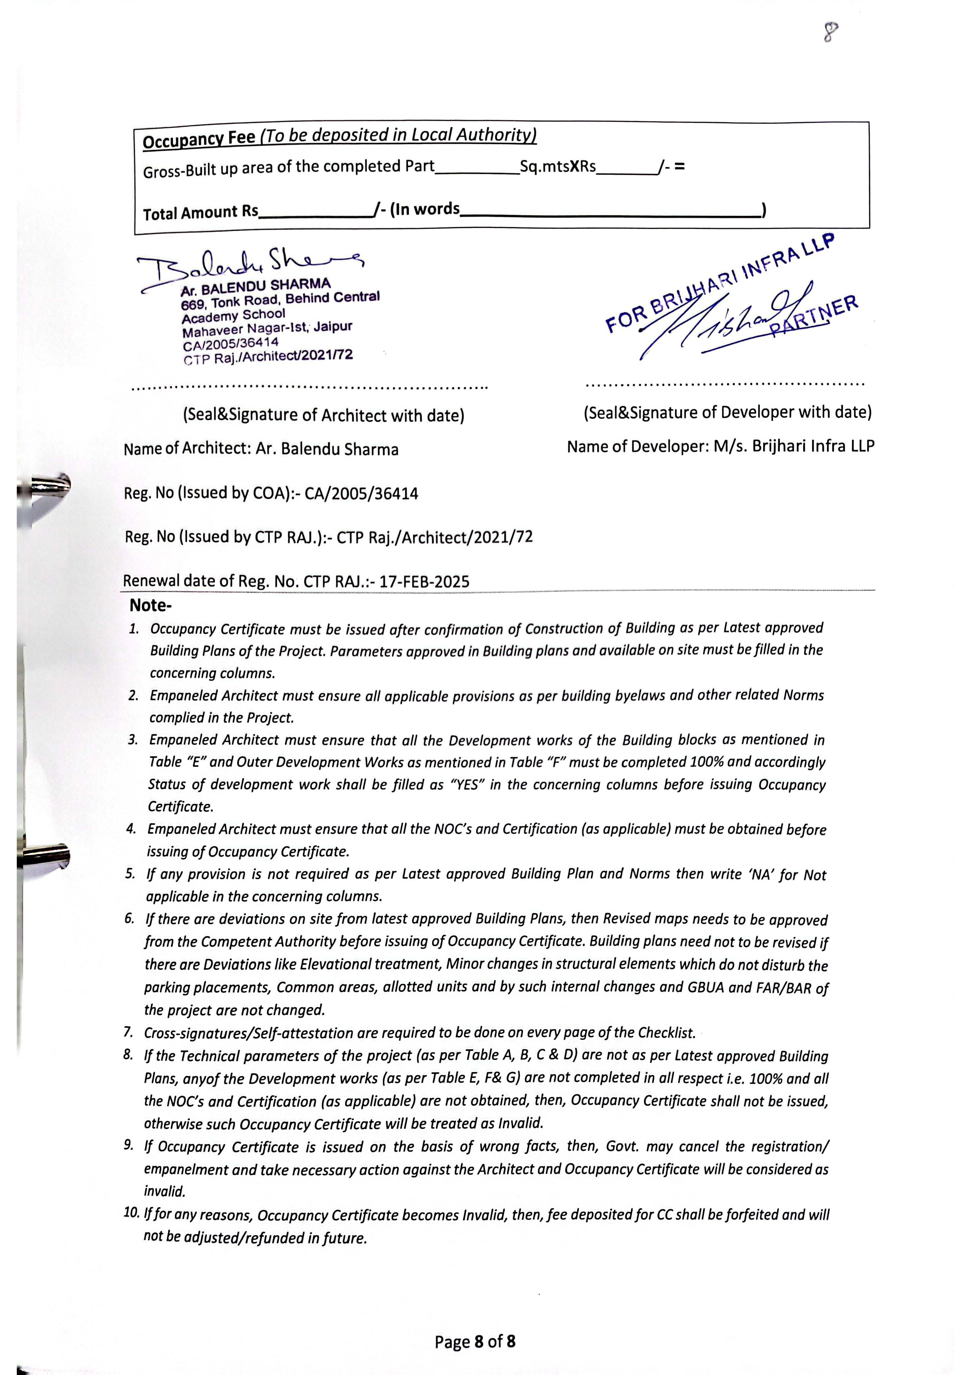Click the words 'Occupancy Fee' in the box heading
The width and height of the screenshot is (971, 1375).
(199, 139)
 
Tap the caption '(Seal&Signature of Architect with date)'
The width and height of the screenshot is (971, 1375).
(323, 415)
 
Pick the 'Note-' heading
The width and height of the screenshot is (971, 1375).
(150, 605)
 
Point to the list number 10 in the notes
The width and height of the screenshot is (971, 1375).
(131, 1213)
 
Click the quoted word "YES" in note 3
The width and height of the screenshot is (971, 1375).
(465, 785)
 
